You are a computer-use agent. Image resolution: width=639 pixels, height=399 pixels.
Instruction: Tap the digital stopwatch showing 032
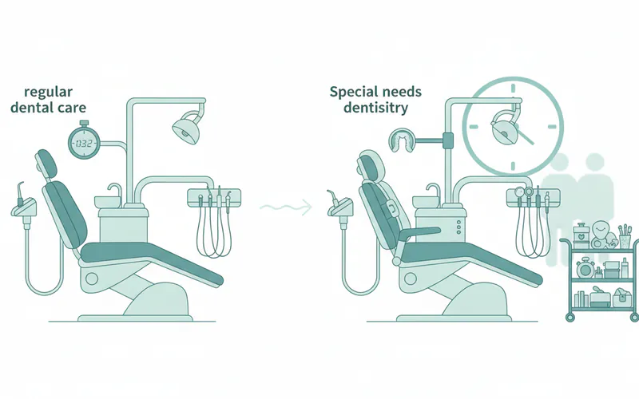(x=85, y=143)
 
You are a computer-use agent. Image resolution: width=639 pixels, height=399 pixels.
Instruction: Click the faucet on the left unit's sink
(x=116, y=192)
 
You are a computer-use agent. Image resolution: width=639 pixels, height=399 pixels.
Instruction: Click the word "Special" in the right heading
(x=352, y=93)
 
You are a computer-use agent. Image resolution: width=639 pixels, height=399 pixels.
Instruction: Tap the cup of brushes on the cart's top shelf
(x=625, y=235)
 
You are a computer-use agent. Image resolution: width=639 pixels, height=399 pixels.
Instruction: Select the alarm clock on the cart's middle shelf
(x=585, y=267)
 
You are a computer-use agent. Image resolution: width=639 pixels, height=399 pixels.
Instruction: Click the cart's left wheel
(x=570, y=317)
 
